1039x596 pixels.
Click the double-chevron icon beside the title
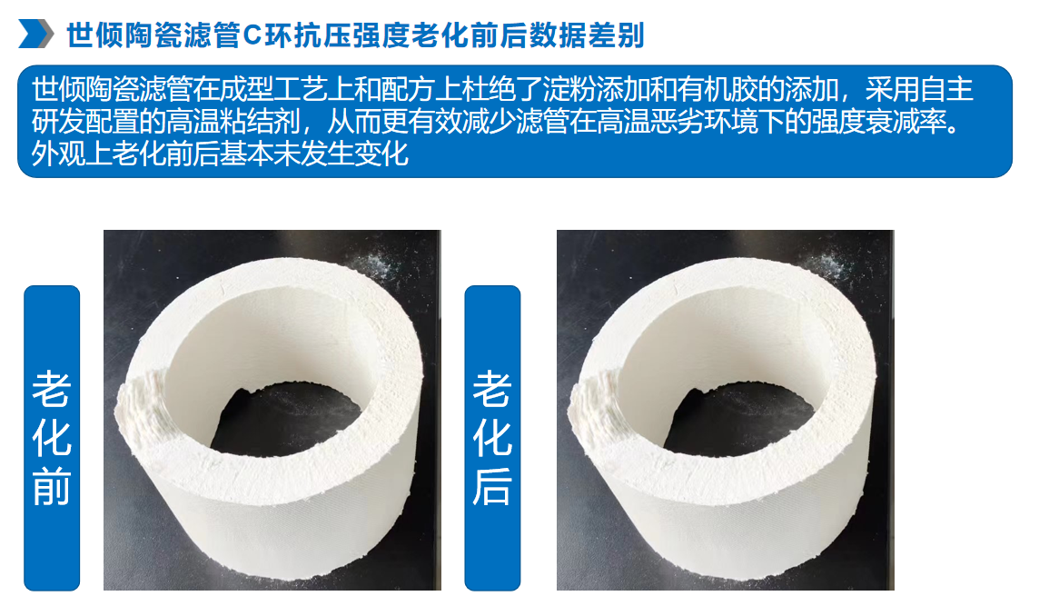point(35,34)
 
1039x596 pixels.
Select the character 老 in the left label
point(52,389)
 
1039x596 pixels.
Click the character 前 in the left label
point(52,485)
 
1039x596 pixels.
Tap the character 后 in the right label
point(492,485)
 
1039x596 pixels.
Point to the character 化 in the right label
point(492,437)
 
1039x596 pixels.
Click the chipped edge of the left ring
point(141,404)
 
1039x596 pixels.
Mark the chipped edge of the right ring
point(593,404)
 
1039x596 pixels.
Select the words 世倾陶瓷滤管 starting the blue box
point(112,90)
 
